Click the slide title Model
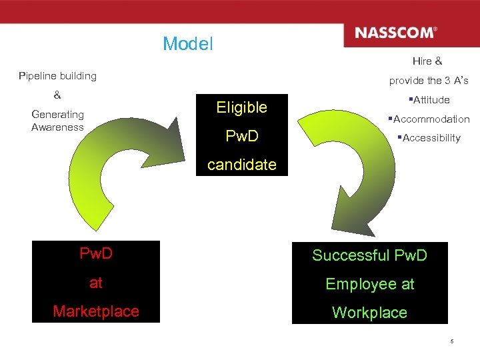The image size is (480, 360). point(187,44)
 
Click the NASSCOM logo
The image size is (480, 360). point(396,33)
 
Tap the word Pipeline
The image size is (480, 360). point(39,76)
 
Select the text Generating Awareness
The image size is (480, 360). point(57,121)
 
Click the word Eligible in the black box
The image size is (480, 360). point(241,107)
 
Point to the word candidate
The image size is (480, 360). point(241,165)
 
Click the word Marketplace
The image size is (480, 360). point(96,311)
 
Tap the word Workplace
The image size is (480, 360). point(369,313)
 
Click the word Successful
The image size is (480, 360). point(351,255)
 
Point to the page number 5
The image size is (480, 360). point(451,342)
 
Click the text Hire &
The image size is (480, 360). point(427,61)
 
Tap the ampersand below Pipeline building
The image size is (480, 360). point(57,95)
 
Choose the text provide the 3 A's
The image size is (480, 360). point(429,81)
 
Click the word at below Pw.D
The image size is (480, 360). point(96,283)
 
